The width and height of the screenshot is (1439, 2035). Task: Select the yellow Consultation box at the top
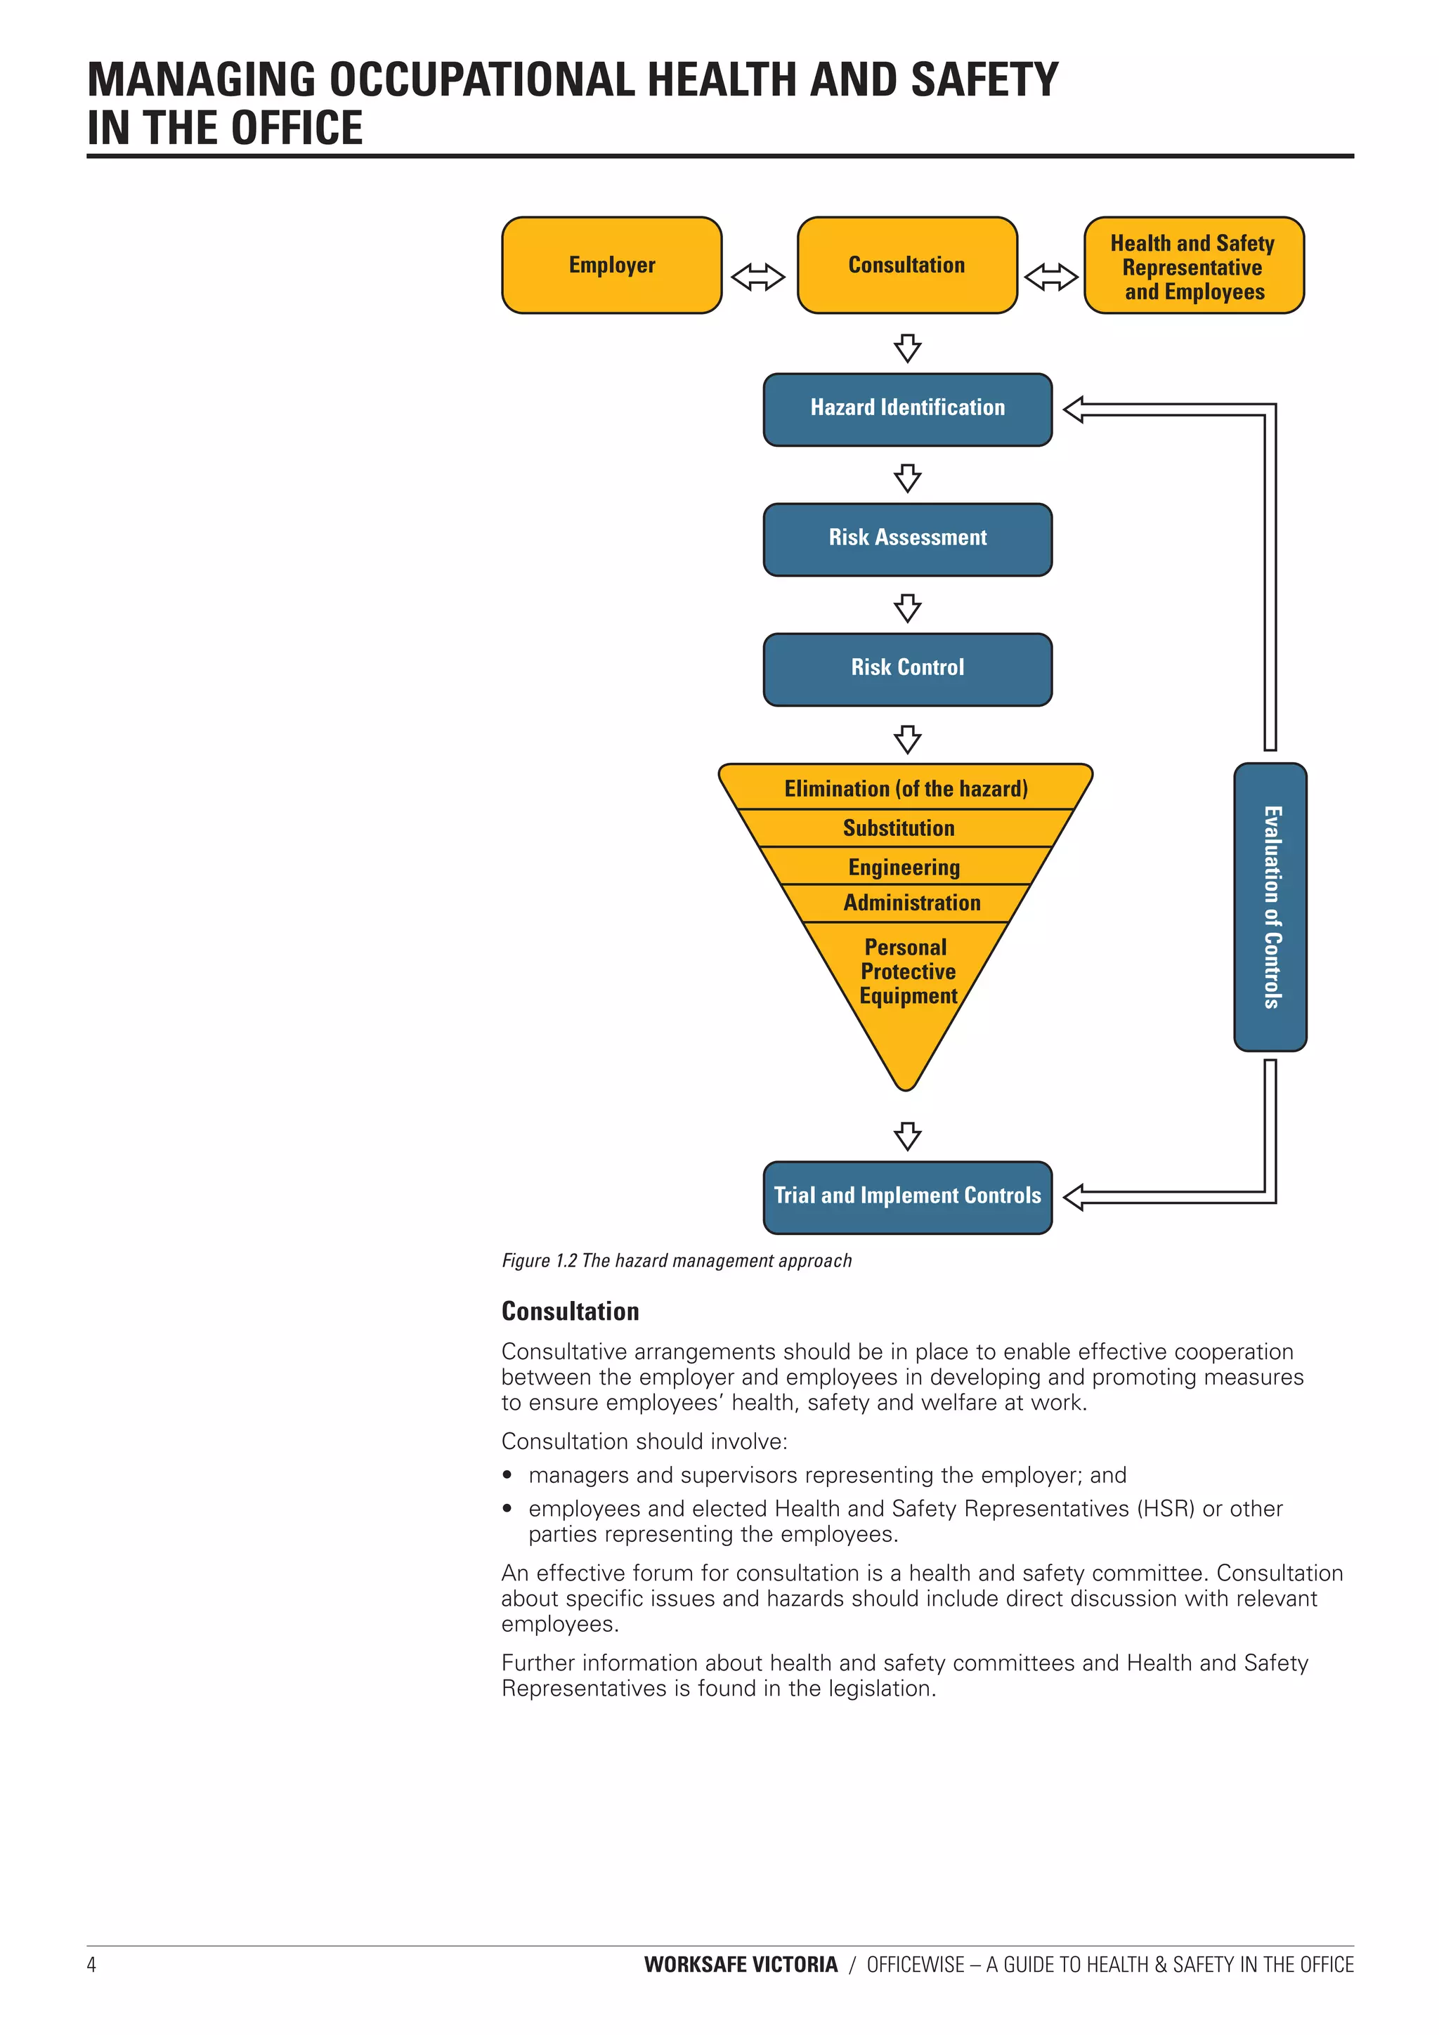(906, 265)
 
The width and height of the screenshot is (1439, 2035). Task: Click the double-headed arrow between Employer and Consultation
(758, 277)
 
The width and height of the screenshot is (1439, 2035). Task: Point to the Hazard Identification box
(907, 409)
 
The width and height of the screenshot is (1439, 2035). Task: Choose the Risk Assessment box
(907, 538)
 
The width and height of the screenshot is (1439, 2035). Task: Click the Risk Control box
(907, 668)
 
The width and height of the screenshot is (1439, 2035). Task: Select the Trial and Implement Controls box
(907, 1196)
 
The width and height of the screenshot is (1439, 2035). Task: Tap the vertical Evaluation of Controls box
(1270, 906)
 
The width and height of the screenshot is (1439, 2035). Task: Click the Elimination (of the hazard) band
(905, 788)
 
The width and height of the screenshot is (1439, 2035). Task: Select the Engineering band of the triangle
(904, 866)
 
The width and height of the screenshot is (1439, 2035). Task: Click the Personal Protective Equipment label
(907, 971)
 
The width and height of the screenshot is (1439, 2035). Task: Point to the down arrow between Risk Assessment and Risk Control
(907, 608)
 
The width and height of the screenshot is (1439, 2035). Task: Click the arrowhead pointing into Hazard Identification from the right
(1074, 410)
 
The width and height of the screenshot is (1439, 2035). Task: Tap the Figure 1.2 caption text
(676, 1260)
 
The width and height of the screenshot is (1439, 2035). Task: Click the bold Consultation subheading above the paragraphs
(570, 1311)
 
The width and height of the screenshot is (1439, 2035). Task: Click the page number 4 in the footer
(91, 1964)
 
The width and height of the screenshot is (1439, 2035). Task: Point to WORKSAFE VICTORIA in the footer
(741, 1964)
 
